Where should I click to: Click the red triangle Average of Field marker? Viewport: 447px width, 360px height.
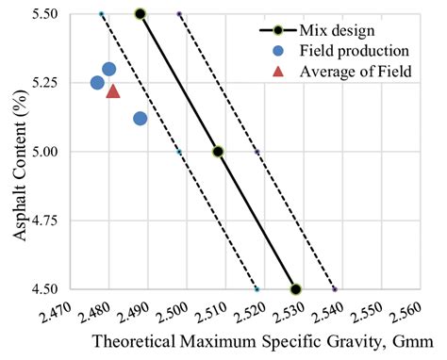(x=113, y=91)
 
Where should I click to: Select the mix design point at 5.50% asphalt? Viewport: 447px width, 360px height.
(x=141, y=14)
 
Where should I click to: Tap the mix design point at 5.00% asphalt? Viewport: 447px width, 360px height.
(x=218, y=151)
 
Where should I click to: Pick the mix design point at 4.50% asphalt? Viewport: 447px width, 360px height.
(x=295, y=288)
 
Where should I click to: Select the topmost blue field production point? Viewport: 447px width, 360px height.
(x=108, y=69)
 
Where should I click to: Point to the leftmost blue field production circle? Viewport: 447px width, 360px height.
(x=97, y=83)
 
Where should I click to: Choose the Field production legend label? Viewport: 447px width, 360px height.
(x=353, y=49)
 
